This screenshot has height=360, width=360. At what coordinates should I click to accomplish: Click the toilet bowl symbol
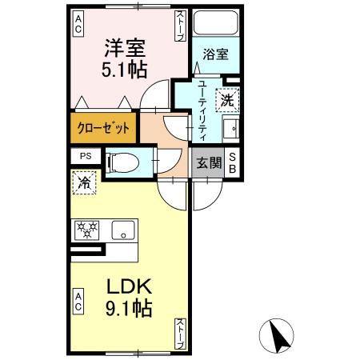tap(122, 160)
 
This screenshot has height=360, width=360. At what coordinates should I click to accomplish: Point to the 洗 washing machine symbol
tap(227, 102)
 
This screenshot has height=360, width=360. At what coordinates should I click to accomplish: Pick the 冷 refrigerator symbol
tap(83, 182)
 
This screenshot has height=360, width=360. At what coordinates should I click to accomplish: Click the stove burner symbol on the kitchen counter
tap(85, 230)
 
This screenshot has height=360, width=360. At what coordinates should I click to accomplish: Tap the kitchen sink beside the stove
tap(123, 230)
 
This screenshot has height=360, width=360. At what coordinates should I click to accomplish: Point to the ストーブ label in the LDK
tap(180, 331)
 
